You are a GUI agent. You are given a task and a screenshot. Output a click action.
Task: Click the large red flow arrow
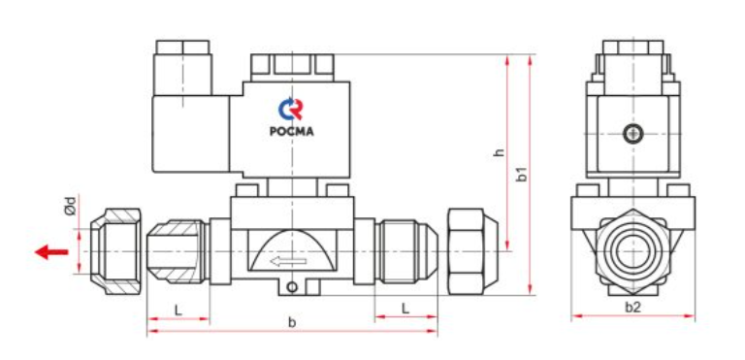click(51, 251)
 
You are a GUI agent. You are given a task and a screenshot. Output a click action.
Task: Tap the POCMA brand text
click(292, 132)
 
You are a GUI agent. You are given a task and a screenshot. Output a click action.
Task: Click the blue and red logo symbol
click(290, 109)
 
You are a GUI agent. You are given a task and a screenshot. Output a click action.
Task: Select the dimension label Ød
click(70, 205)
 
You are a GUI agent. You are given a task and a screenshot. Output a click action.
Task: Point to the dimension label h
click(499, 152)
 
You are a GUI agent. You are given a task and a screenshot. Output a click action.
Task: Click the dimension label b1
click(522, 174)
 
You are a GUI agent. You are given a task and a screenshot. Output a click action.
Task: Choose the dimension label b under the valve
click(292, 322)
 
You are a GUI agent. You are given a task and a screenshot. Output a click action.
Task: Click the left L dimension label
click(178, 311)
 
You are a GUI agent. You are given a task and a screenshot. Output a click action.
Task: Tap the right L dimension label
click(405, 309)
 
